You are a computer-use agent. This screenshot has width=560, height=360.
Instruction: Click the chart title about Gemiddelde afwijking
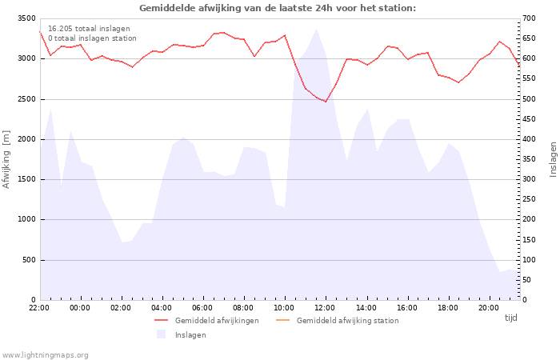[278, 8]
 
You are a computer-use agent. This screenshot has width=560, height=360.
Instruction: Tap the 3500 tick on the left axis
[26, 18]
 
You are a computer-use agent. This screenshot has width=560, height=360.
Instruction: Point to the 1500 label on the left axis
[26, 179]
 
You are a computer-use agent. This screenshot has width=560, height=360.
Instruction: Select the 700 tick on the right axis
[529, 18]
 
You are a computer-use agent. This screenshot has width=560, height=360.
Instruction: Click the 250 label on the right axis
[529, 199]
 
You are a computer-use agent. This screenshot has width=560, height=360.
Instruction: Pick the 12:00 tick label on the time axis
[325, 308]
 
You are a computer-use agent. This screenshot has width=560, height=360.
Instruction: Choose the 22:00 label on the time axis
[39, 308]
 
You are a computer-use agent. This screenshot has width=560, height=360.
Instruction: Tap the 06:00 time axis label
[202, 308]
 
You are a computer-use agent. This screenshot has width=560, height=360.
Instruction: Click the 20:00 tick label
[488, 308]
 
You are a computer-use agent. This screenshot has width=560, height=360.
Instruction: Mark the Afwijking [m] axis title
[6, 159]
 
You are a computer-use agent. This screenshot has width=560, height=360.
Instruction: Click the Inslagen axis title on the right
[554, 159]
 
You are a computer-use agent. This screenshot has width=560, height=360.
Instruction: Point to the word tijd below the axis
[510, 318]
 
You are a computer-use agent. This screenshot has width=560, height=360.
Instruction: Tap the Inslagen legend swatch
[161, 334]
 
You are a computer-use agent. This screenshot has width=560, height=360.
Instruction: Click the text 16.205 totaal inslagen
[89, 29]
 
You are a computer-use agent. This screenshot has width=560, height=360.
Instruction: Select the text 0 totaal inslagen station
[92, 38]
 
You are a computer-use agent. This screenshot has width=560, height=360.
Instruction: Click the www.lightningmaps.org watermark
[44, 355]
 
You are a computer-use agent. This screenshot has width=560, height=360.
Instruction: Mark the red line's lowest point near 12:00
[326, 102]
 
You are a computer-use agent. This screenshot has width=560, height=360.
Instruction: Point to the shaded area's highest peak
[317, 29]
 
